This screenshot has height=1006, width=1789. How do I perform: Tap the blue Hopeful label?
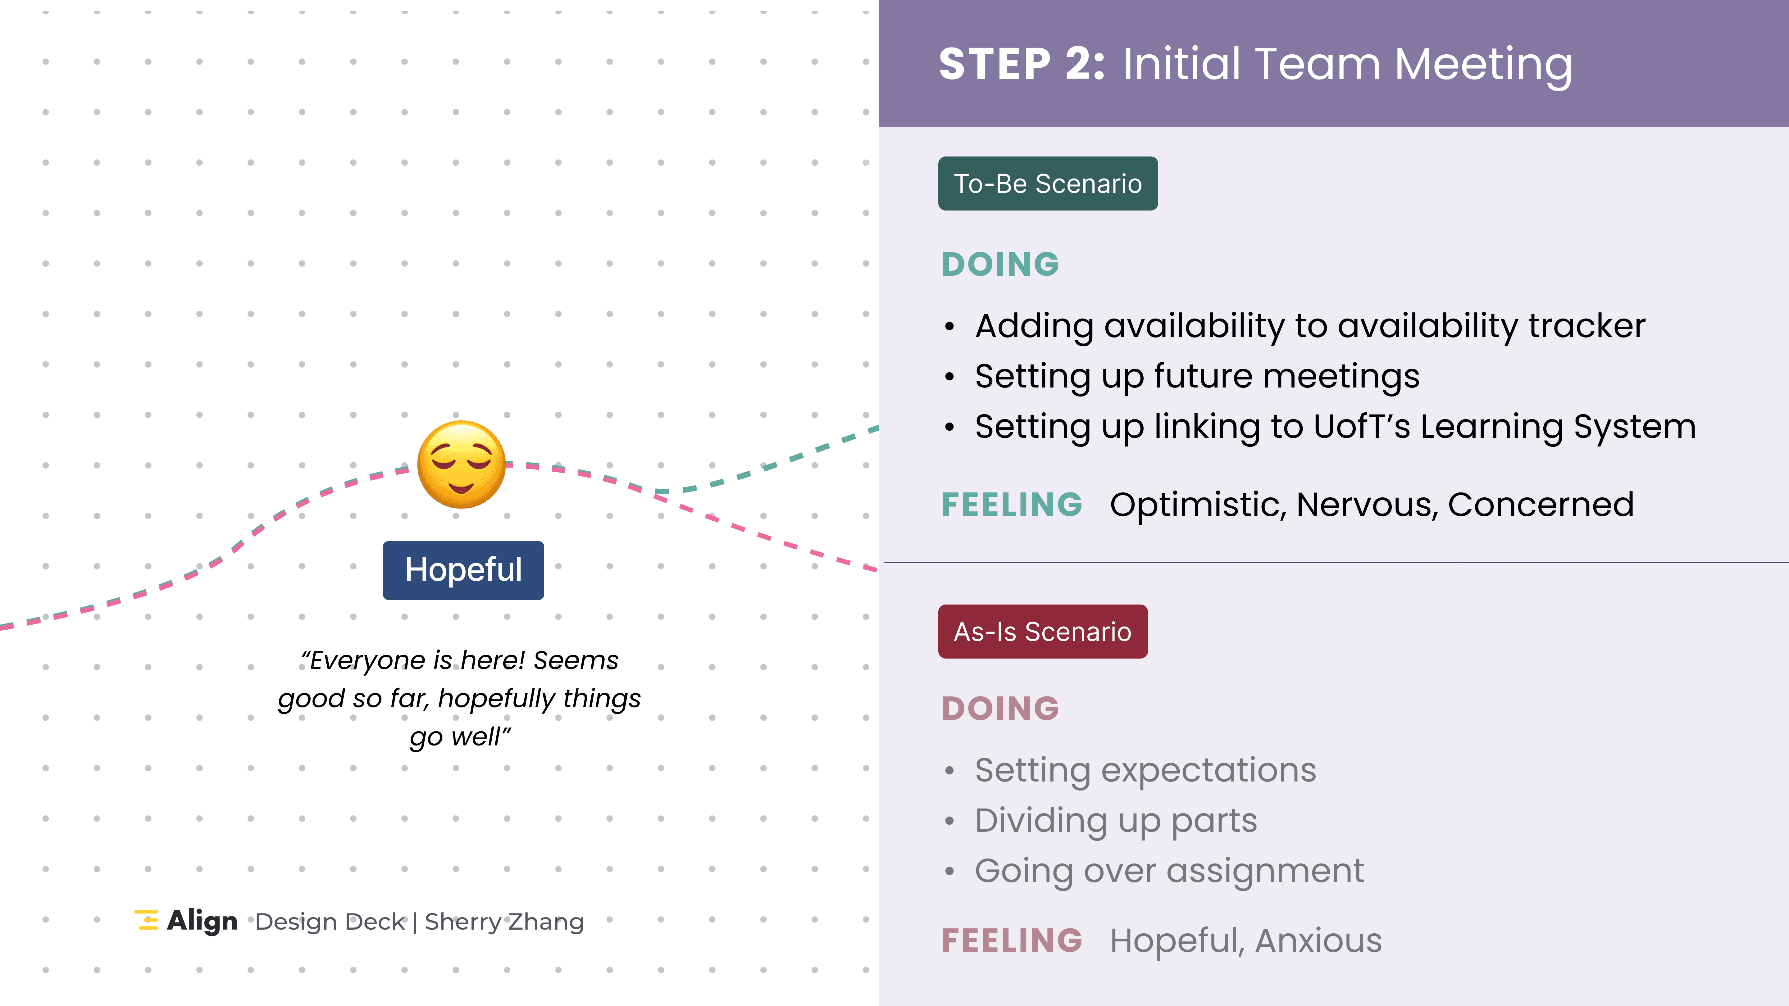coord(463,570)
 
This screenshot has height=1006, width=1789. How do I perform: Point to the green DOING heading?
coord(1000,265)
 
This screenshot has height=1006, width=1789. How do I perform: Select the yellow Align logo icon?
coord(147,920)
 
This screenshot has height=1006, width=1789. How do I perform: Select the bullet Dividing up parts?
coord(1115,821)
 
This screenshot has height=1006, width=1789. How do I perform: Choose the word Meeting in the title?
coord(1483,65)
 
